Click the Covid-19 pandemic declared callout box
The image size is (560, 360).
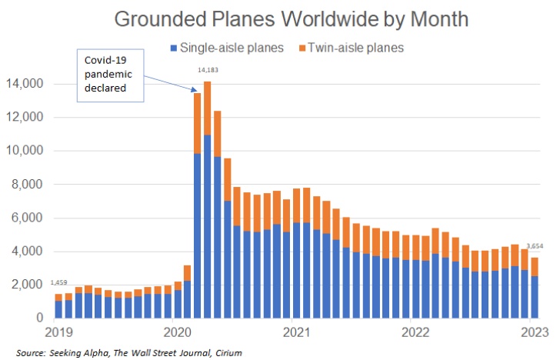pyautogui.click(x=111, y=75)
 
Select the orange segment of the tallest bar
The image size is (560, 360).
pyautogui.click(x=207, y=108)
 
